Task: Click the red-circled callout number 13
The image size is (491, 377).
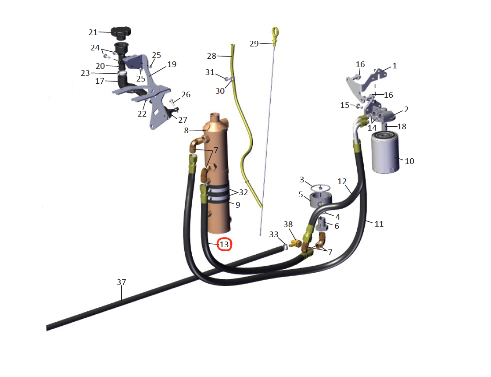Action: [x=224, y=244]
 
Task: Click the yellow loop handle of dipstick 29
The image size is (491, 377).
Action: [x=275, y=32]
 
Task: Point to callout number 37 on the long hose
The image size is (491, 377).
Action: [x=122, y=282]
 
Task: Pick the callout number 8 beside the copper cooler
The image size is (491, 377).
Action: [x=186, y=131]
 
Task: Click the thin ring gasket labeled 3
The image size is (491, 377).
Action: [x=321, y=187]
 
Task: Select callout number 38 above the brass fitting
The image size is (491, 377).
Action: [x=288, y=224]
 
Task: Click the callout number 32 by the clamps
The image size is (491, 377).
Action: [x=244, y=192]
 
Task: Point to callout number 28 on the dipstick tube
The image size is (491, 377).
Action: [x=211, y=56]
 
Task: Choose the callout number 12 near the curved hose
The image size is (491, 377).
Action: [x=342, y=181]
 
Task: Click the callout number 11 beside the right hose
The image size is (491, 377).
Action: [x=379, y=224]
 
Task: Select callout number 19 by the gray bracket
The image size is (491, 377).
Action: [x=172, y=64]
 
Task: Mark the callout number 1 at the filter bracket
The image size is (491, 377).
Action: [x=394, y=66]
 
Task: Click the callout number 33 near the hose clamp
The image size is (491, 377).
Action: [x=274, y=235]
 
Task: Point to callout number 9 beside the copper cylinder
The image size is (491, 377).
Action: [x=238, y=205]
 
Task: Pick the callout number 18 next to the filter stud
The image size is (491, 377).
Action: [x=402, y=126]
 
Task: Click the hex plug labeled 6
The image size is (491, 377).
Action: [x=322, y=225]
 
